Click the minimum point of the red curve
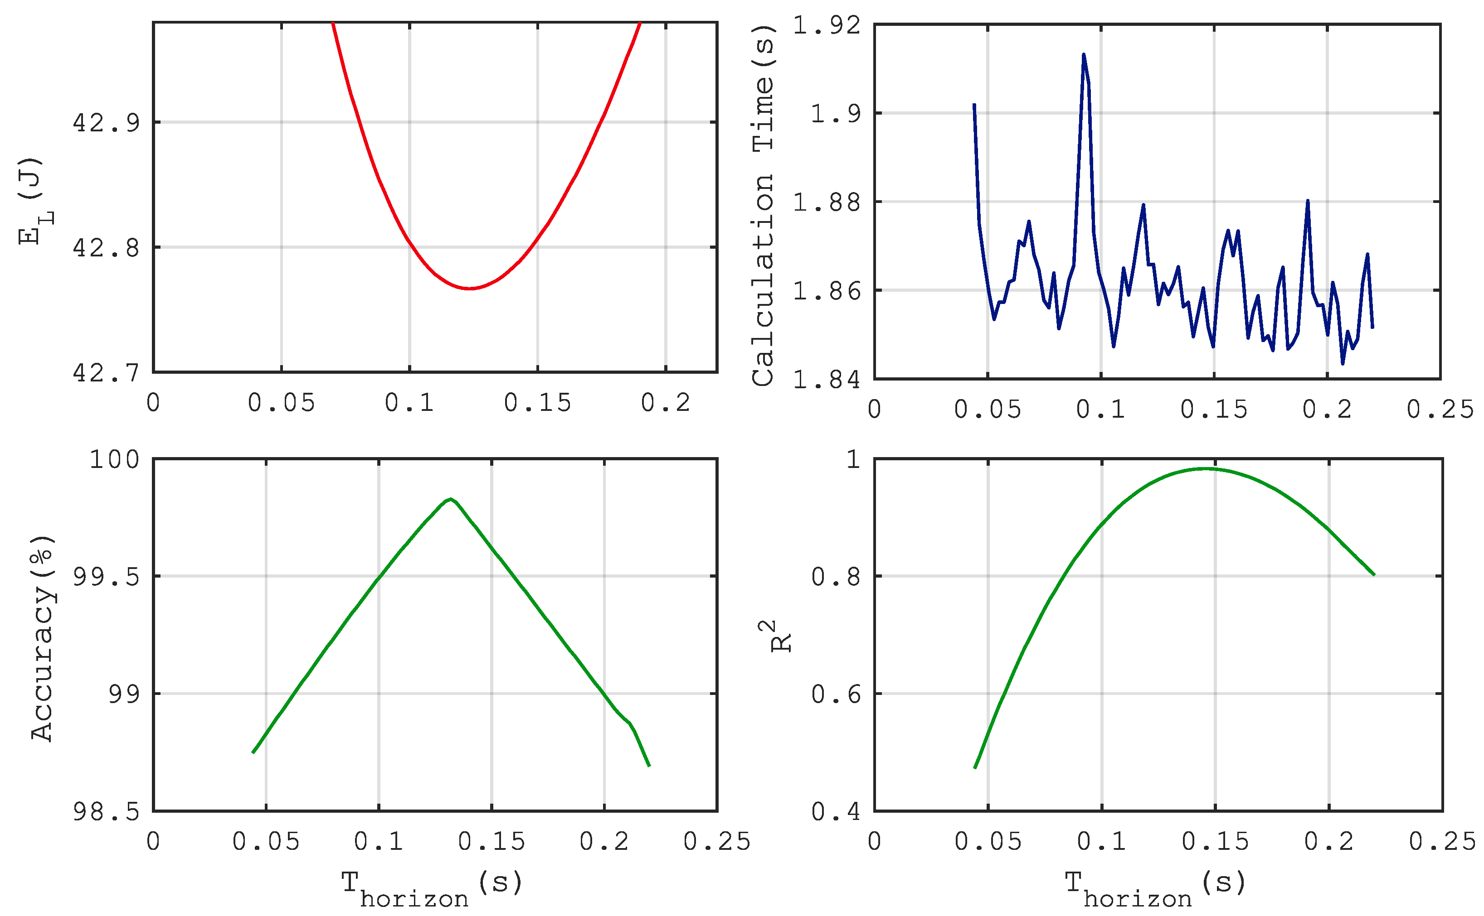pyautogui.click(x=469, y=289)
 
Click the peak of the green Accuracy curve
pyautogui.click(x=450, y=499)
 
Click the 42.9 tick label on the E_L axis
pyautogui.click(x=106, y=123)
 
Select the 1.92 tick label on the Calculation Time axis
pyautogui.click(x=826, y=25)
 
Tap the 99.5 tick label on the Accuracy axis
pyautogui.click(x=106, y=577)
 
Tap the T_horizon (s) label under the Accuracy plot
pyautogui.click(x=432, y=888)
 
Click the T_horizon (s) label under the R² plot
pyautogui.click(x=1155, y=888)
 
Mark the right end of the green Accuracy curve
pyautogui.click(x=649, y=766)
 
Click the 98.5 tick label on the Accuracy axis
pyautogui.click(x=106, y=812)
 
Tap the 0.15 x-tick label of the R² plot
pyautogui.click(x=1215, y=842)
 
